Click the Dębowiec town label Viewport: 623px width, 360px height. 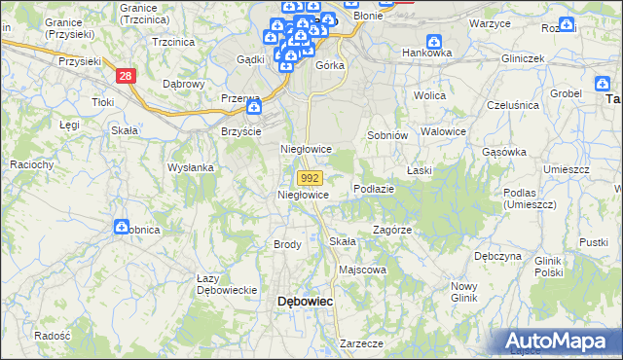click(306, 302)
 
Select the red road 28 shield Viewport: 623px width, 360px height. click(125, 76)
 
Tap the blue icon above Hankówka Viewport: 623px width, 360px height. click(434, 41)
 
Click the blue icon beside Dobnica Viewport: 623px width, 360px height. click(122, 227)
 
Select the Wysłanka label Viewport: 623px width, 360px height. click(190, 167)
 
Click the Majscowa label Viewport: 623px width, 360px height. click(362, 270)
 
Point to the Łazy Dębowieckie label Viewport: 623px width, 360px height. click(226, 284)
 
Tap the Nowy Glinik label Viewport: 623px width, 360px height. click(464, 291)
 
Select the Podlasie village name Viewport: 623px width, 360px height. click(374, 189)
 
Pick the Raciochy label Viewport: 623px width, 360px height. click(31, 164)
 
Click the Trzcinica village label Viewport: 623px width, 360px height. click(173, 42)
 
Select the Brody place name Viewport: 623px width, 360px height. click(287, 244)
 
